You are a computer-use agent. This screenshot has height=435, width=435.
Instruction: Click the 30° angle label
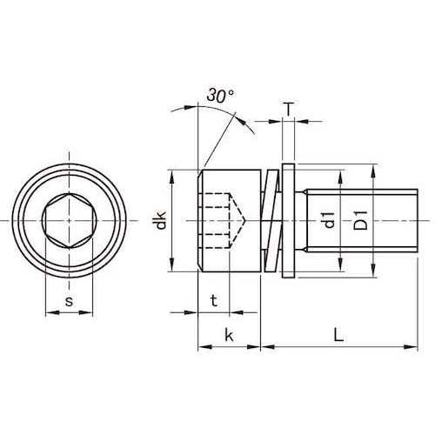click(220, 96)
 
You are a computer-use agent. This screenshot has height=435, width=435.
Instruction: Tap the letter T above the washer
click(288, 110)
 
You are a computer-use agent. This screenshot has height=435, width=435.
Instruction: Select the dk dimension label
click(161, 220)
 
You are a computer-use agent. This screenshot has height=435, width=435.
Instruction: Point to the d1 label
click(329, 220)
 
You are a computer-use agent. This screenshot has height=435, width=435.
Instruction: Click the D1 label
click(360, 220)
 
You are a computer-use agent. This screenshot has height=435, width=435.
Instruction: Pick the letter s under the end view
click(69, 302)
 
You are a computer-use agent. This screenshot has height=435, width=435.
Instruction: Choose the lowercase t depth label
click(214, 301)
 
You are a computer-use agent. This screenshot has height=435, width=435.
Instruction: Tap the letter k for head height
click(229, 335)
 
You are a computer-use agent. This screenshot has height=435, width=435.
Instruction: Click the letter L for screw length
click(338, 335)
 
